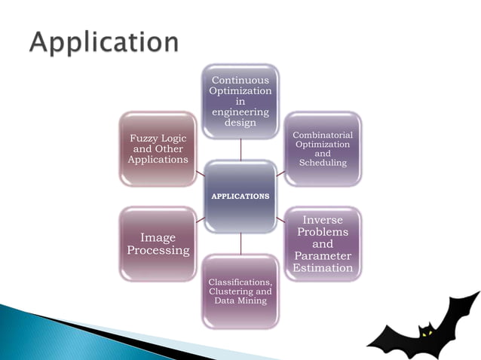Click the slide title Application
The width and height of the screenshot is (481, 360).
click(x=104, y=41)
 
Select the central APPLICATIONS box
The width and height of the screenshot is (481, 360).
click(x=240, y=196)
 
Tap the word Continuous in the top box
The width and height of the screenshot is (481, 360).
click(x=240, y=79)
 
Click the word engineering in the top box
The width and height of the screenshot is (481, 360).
click(x=240, y=111)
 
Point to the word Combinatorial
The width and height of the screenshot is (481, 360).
click(x=322, y=134)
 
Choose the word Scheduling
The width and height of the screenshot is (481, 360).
click(x=322, y=163)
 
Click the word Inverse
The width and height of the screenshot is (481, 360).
click(x=323, y=220)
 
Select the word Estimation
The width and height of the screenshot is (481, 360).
click(x=323, y=268)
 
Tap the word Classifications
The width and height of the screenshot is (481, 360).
click(x=240, y=282)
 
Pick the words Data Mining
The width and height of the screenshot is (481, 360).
click(x=240, y=301)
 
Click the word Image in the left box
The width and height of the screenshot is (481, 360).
click(x=158, y=238)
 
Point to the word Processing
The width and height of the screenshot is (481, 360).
click(x=158, y=251)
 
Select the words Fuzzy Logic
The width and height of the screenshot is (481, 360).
click(x=158, y=139)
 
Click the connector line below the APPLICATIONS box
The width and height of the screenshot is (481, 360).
click(x=240, y=243)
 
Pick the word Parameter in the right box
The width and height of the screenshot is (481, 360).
click(x=323, y=256)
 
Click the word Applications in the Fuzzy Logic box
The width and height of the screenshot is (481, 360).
click(x=158, y=160)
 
